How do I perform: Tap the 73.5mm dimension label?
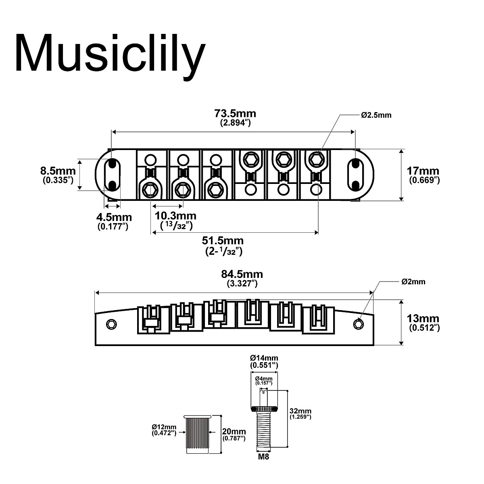point(235,113)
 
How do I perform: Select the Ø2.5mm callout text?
point(376,115)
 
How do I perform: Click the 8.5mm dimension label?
point(58,171)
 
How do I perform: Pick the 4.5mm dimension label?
point(114,218)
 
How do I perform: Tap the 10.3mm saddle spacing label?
point(175,217)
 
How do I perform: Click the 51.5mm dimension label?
point(223,241)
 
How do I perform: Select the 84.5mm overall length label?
point(242,274)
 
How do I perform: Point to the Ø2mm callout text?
point(413,282)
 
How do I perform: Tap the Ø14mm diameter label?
point(264,358)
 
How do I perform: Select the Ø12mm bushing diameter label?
point(164,427)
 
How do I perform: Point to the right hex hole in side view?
point(358,323)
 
